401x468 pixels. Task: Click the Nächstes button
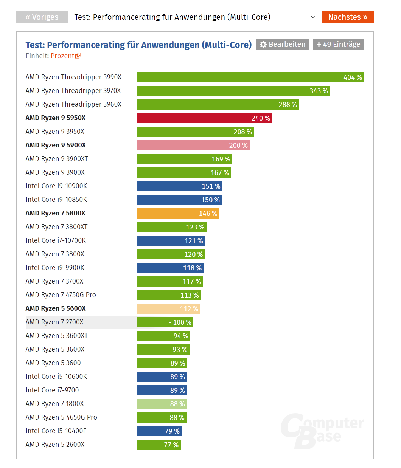coord(348,17)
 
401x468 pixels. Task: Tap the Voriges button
coord(42,17)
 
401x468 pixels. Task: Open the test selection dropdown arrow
coord(313,17)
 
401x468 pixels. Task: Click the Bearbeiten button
coord(283,44)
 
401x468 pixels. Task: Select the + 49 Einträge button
coord(338,44)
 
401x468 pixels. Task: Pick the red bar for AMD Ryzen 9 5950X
coord(204,118)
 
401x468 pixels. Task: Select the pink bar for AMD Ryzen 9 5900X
coord(193,146)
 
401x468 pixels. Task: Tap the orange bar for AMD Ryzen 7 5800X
coord(178,214)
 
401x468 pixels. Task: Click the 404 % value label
coord(353,77)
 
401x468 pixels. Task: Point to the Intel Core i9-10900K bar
coord(180,186)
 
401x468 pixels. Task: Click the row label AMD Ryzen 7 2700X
coord(54,322)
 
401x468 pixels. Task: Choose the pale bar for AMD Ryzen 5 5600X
coord(168,309)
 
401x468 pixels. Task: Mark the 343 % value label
coord(319,91)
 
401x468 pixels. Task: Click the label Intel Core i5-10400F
coord(56,431)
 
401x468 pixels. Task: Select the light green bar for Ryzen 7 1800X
coord(162,404)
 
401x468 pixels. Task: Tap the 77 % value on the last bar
coord(171,445)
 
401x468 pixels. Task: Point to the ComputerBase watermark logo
coord(322,431)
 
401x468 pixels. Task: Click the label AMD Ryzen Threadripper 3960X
coord(73,104)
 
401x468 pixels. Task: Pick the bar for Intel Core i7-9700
coord(162,391)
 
